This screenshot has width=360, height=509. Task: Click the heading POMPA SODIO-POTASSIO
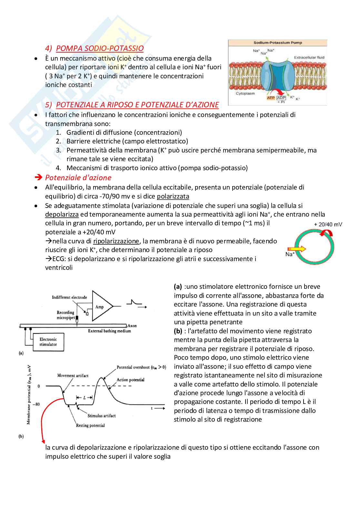point(100,48)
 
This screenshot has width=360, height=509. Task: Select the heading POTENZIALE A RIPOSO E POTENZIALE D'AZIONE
point(137,105)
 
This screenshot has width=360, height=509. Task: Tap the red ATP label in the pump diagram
point(271,98)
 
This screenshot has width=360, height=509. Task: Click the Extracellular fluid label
point(309,58)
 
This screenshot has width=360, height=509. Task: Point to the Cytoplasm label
point(245,93)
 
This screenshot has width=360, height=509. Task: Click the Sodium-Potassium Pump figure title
point(277,43)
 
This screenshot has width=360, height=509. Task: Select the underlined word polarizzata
point(173,196)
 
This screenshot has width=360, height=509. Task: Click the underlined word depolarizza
point(62,214)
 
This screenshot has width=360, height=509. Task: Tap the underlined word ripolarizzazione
point(116,241)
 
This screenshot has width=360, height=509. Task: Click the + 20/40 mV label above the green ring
point(328,224)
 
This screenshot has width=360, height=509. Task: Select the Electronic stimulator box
point(48,342)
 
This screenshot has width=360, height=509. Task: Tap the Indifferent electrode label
point(69,297)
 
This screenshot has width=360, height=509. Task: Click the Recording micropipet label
point(65,315)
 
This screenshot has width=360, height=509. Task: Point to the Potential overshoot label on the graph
point(141,367)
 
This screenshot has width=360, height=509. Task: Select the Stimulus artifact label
point(101,416)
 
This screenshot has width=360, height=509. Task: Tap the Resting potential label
point(90,426)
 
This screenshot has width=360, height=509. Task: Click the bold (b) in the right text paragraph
point(178,331)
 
